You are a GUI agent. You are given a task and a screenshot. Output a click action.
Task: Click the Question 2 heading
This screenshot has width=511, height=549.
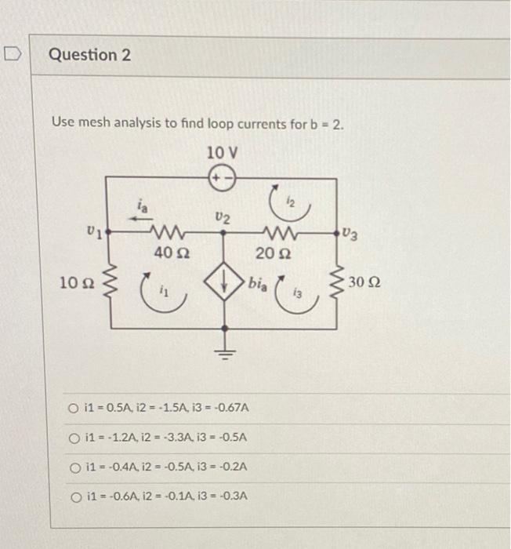click(x=90, y=56)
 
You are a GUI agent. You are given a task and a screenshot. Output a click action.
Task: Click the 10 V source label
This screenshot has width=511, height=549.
click(x=223, y=151)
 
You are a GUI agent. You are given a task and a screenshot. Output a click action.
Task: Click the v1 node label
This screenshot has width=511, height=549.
click(x=93, y=231)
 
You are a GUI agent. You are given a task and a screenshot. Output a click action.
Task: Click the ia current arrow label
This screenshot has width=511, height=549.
click(x=143, y=205)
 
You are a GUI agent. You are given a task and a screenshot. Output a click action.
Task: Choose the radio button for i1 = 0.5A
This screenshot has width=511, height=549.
click(x=74, y=409)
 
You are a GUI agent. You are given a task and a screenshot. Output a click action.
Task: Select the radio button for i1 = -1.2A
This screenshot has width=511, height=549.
click(x=74, y=437)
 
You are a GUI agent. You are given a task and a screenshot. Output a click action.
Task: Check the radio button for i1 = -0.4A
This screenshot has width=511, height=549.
click(x=74, y=466)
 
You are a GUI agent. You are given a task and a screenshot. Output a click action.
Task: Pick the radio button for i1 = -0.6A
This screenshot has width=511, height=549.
click(x=74, y=496)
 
